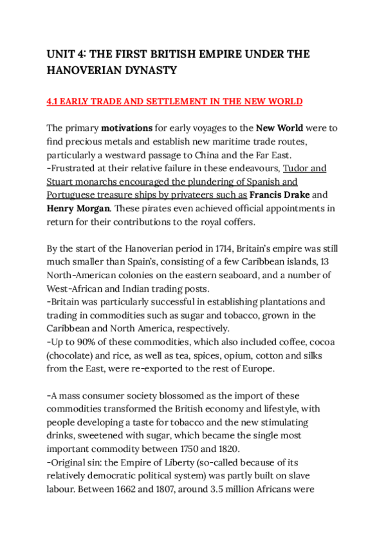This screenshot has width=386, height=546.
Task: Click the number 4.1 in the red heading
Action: (55, 102)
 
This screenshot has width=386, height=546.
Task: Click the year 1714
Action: (223, 249)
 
